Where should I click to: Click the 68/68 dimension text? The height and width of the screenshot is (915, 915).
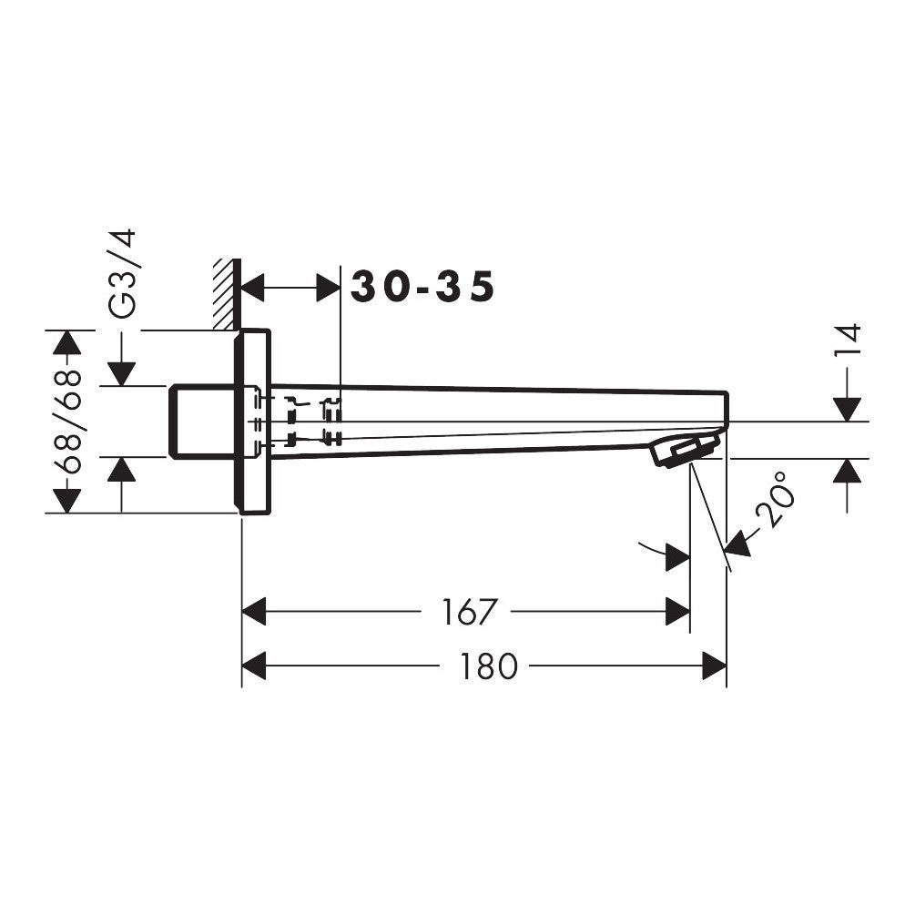(67, 421)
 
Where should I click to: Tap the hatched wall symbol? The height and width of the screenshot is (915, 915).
(227, 294)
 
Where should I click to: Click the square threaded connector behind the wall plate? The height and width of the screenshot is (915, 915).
(201, 422)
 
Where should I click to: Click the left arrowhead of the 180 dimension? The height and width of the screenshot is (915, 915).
(254, 666)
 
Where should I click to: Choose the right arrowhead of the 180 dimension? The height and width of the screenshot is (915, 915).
(714, 666)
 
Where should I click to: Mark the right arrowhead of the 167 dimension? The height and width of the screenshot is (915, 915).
(677, 612)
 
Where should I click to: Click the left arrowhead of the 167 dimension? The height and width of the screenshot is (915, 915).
(254, 612)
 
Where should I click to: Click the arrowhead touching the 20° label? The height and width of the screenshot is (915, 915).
(737, 544)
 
